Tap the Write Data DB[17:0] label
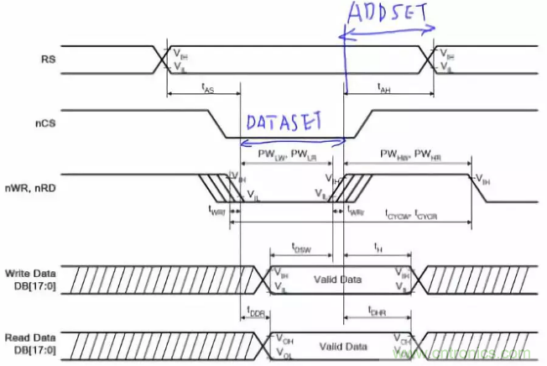32,276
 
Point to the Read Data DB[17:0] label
32,340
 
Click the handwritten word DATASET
284,123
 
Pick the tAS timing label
206,87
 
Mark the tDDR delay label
256,312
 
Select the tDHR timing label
378,311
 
